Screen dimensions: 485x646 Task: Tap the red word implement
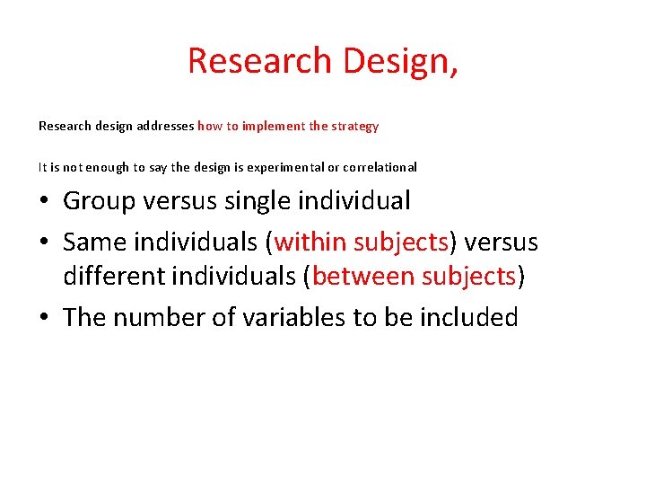(274, 127)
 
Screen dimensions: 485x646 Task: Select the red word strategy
(355, 127)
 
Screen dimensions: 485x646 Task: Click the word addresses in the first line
(166, 127)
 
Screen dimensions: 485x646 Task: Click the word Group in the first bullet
(99, 200)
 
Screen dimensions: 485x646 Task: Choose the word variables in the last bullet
(274, 317)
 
